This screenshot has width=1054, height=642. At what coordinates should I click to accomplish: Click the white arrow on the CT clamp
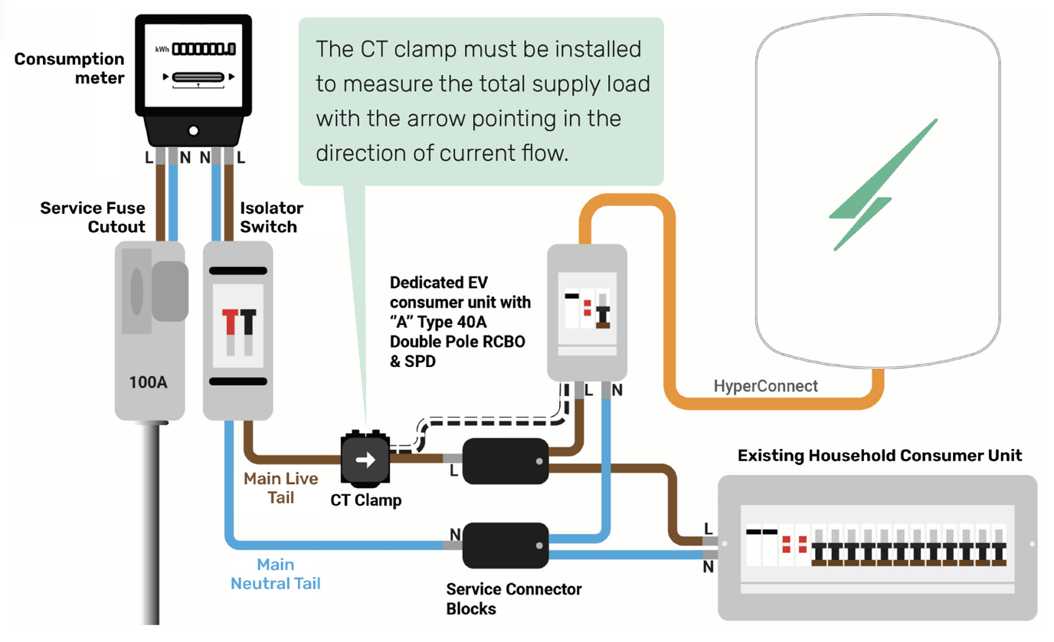pos(365,460)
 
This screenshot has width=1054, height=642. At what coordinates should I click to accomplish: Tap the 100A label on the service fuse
pos(149,382)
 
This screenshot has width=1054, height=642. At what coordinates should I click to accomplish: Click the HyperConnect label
pos(765,386)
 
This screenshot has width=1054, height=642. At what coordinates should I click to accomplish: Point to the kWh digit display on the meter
pos(203,50)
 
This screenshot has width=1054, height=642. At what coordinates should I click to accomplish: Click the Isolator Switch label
pos(271,218)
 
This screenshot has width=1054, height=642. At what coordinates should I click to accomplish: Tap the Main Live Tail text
pos(281,488)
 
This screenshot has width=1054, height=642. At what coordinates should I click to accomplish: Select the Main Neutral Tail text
pos(275,574)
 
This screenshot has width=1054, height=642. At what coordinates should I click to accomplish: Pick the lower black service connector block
pos(506,545)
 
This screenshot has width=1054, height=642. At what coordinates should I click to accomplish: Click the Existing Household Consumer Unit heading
pos(879,456)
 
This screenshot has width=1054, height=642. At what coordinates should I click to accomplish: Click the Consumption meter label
pos(69,68)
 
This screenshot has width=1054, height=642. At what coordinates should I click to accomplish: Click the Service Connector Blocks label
pos(513,599)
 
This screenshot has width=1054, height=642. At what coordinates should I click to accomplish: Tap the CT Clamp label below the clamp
pos(365,500)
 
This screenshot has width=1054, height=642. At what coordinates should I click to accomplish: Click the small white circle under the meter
pos(194,131)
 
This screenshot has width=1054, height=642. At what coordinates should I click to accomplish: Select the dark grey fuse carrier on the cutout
pos(169,291)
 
